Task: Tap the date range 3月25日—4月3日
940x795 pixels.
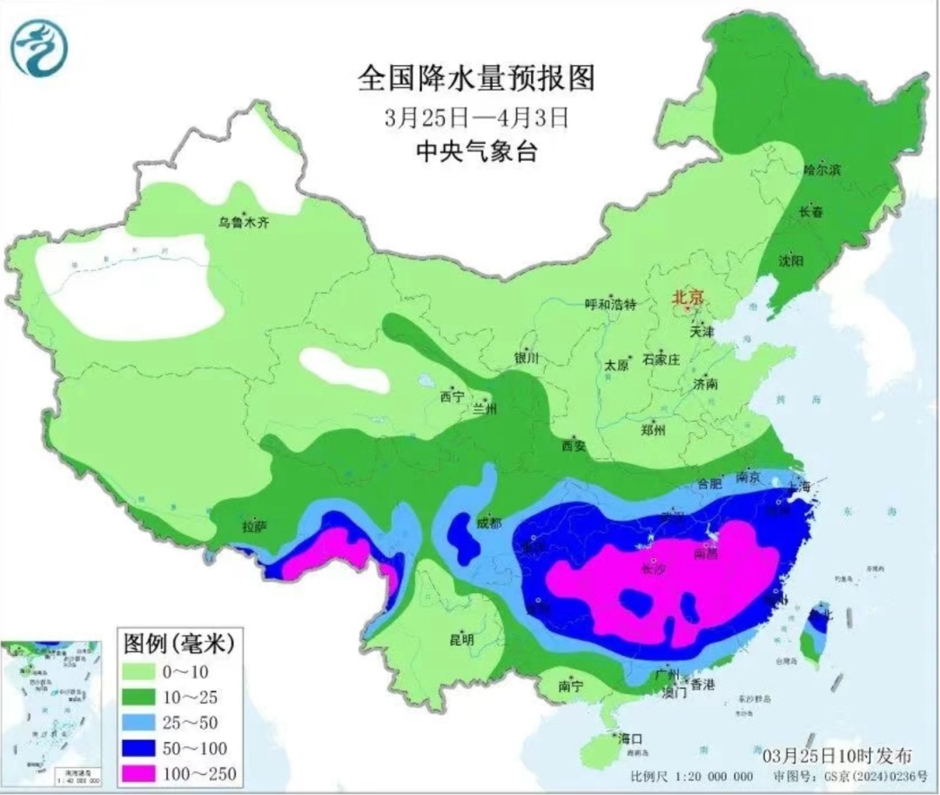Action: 476,116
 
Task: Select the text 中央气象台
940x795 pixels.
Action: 476,152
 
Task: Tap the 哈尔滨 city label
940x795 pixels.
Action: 822,171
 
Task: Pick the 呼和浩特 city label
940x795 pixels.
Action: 610,305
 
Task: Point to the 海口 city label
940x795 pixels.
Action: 629,738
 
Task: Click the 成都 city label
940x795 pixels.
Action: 489,523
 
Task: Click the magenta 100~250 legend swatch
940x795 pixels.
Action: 144,772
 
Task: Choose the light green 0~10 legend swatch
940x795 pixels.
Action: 144,670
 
